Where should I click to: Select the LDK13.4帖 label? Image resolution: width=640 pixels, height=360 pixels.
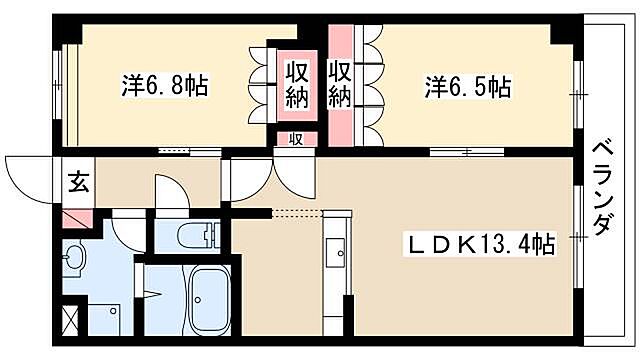(x=480, y=242)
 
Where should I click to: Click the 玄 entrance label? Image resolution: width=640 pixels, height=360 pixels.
(x=78, y=182)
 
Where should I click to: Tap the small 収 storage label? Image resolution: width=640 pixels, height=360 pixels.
(x=296, y=139)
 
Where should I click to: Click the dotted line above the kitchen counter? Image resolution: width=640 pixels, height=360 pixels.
(x=298, y=212)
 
